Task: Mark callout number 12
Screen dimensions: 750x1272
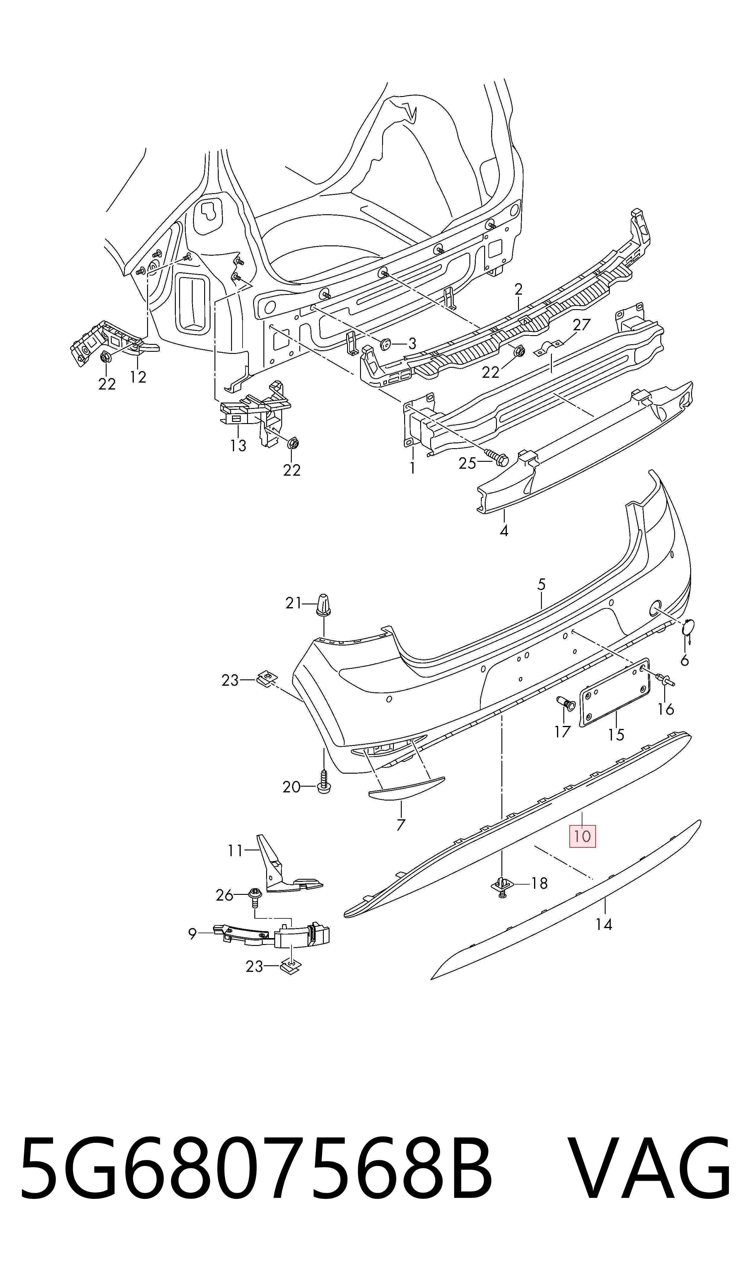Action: tap(138, 377)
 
